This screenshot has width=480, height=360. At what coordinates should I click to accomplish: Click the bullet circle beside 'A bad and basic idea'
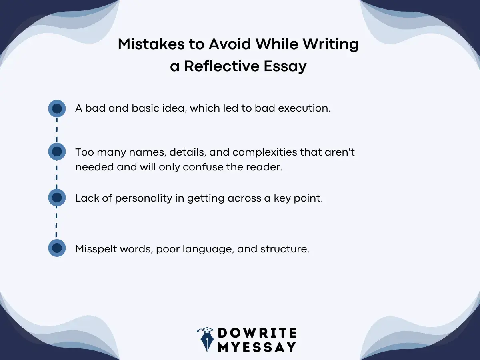click(57, 108)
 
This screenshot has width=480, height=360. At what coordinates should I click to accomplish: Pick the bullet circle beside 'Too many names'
click(57, 152)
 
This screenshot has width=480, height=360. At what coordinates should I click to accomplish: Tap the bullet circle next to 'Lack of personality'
click(57, 198)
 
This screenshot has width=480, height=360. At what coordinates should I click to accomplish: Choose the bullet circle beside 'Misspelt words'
click(57, 248)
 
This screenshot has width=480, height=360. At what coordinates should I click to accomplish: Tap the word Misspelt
click(95, 249)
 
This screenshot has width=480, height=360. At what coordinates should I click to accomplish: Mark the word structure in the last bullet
click(284, 249)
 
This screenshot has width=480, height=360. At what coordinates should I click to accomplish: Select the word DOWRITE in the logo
click(257, 333)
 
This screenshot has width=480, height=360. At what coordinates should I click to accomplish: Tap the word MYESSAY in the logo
click(257, 347)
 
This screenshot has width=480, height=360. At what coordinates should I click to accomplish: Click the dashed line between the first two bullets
click(57, 130)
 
